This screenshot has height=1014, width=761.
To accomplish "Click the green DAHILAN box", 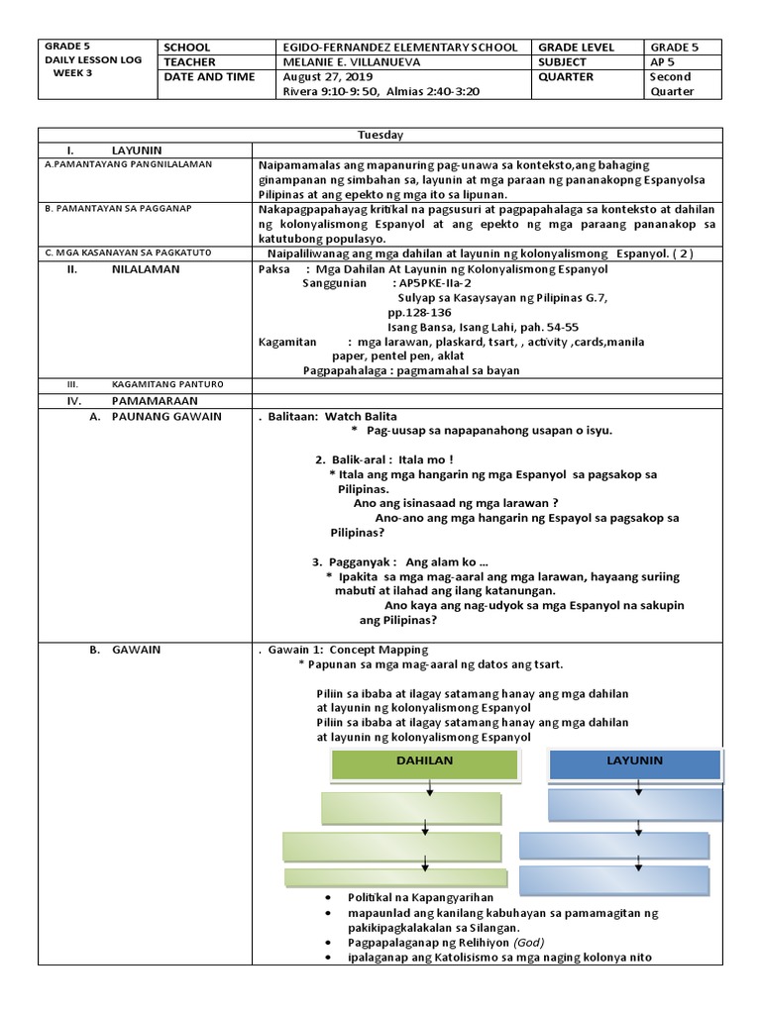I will click(424, 763).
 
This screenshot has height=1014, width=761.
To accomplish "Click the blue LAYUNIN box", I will click(633, 762).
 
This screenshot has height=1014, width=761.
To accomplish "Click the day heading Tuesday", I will click(380, 135).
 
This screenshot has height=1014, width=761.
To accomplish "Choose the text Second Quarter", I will click(671, 84).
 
